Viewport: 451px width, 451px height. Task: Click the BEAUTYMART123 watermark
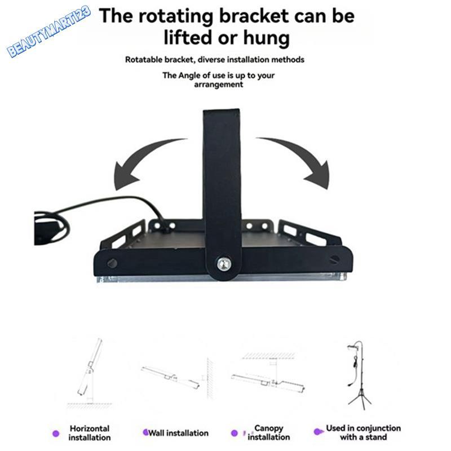point(49,31)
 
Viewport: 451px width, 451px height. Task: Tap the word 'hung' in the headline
point(266,38)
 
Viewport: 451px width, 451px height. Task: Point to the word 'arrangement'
point(219,85)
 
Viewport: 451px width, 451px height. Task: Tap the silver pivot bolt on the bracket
point(224,264)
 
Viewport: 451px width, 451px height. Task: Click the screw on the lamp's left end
point(112,263)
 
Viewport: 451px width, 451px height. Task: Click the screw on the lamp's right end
point(334,259)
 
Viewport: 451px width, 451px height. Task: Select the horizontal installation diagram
point(90,373)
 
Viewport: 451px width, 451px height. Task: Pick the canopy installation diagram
point(269,374)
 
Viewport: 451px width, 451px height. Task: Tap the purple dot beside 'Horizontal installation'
point(56,434)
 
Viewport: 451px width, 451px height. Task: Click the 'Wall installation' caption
point(178,433)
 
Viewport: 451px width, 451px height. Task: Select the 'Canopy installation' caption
point(269,432)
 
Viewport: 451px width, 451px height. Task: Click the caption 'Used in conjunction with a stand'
point(363,432)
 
